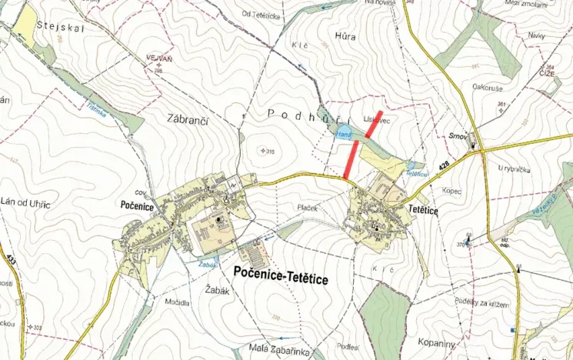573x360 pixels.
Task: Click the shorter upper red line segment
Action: coord(373,124)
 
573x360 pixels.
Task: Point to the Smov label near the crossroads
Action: coord(458,136)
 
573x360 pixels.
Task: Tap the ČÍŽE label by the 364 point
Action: coord(547,74)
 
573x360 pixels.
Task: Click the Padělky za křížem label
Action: coord(481,305)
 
